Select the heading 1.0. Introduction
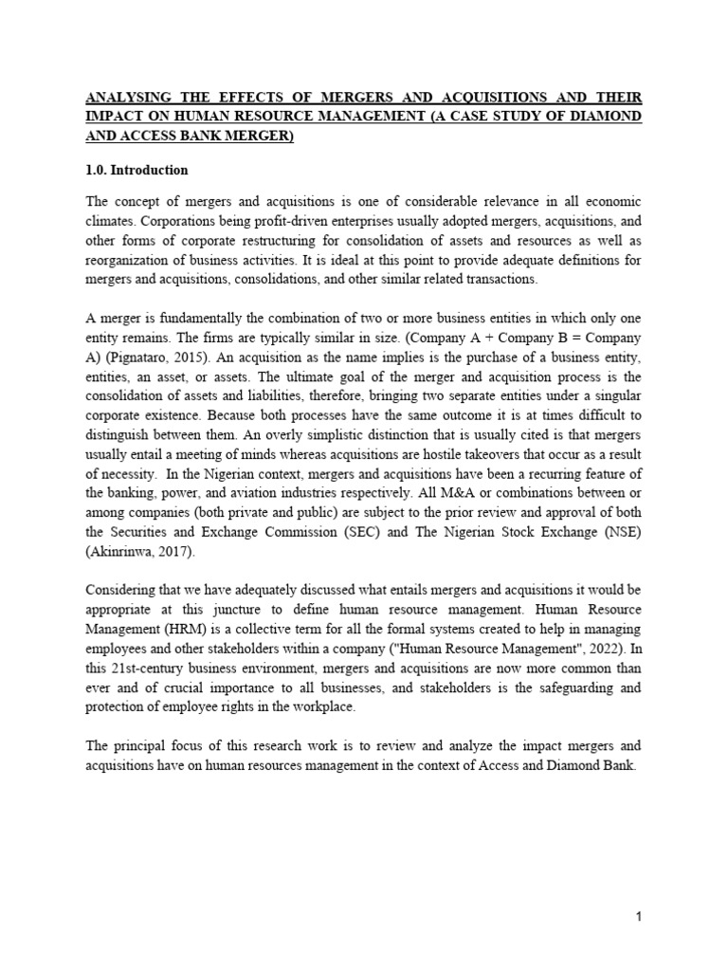click(x=137, y=171)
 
